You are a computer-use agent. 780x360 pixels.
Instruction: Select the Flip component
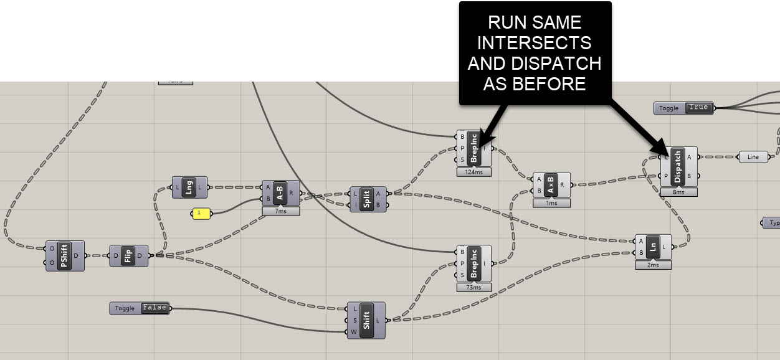click(x=128, y=255)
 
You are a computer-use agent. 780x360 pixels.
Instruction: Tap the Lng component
click(x=189, y=187)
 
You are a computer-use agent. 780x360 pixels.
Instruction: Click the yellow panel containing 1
click(x=200, y=214)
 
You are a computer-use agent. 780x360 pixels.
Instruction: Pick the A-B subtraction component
click(x=280, y=194)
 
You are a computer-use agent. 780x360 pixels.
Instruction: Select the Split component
click(x=368, y=199)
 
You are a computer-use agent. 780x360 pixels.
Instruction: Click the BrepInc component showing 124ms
click(x=473, y=149)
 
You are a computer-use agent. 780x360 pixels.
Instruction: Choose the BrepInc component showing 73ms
click(x=473, y=263)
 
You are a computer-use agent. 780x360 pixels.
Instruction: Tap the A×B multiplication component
click(x=551, y=184)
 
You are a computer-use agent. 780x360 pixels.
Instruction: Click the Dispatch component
click(x=678, y=166)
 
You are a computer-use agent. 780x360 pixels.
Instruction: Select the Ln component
click(x=653, y=247)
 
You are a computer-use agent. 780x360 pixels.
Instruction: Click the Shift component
click(x=366, y=320)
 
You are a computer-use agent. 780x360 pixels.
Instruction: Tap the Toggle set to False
click(x=155, y=308)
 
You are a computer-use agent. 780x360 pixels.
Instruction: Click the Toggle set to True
click(x=698, y=108)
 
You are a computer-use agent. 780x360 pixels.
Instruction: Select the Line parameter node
click(x=753, y=157)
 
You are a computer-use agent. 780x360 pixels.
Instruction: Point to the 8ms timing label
click(x=678, y=192)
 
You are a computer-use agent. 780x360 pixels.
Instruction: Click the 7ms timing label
click(x=280, y=212)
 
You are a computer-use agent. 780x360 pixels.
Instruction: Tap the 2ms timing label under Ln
click(x=653, y=265)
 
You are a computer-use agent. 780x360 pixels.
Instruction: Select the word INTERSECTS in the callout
click(x=535, y=43)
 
